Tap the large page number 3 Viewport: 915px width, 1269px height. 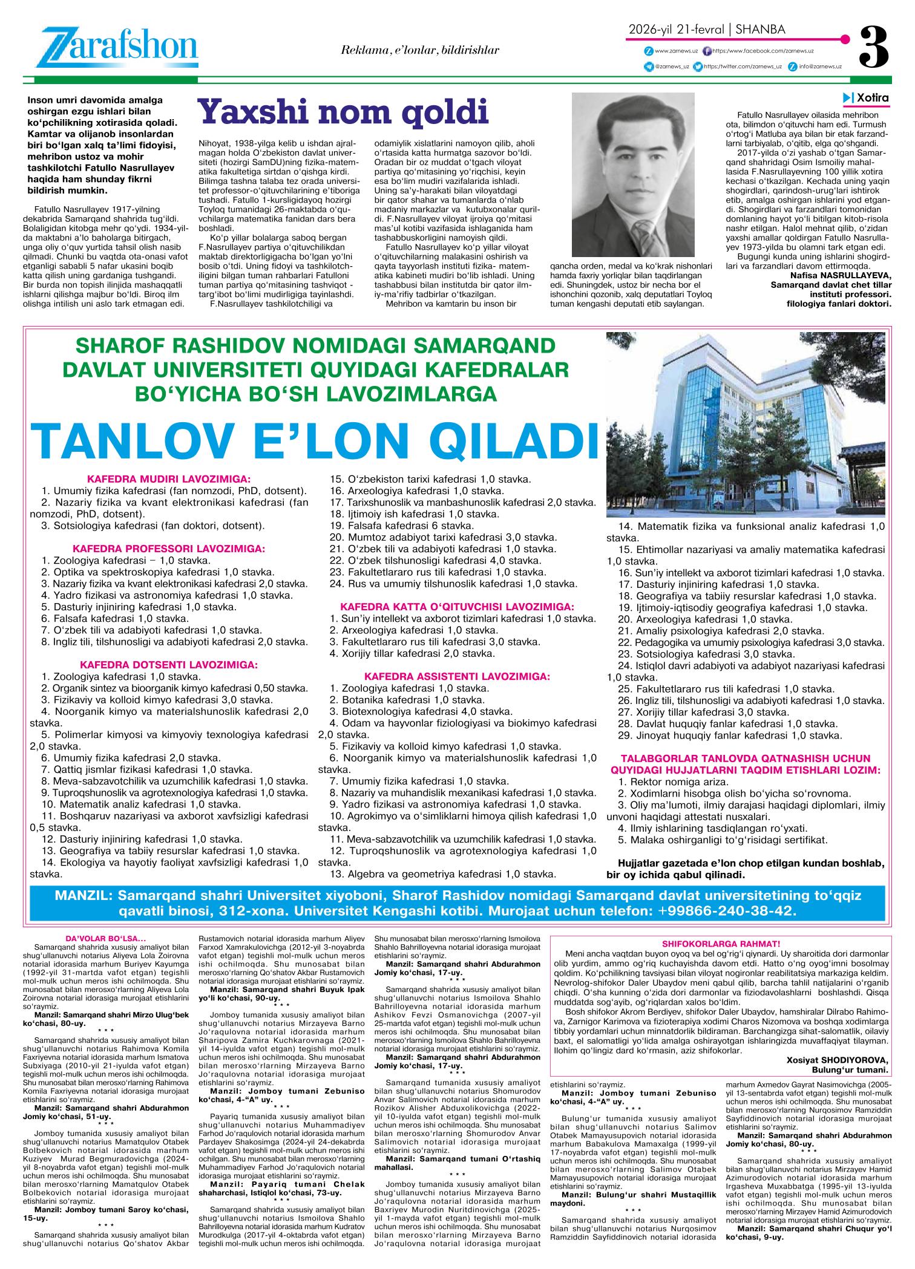point(874,47)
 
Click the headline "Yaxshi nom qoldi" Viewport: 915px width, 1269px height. point(343,113)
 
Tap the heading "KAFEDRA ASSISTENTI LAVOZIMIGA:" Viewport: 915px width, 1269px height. point(457,676)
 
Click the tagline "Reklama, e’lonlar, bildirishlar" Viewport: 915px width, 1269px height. point(420,50)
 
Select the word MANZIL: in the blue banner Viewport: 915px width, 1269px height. point(83,895)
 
